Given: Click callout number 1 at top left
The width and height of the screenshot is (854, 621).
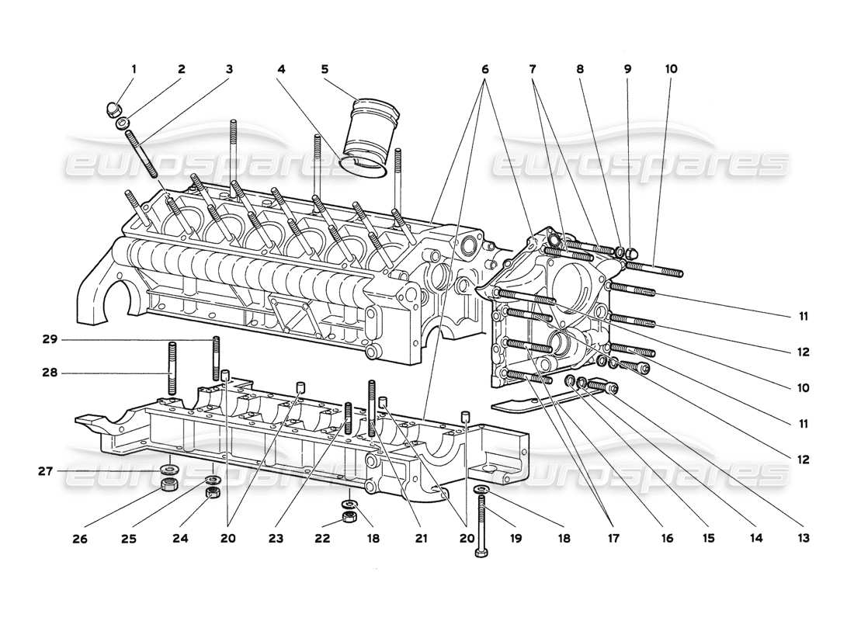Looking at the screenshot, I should pos(133,68).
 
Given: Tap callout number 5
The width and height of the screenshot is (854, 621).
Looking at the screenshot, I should pos(325,68).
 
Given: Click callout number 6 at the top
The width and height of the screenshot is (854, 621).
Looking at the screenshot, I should pos(485,68).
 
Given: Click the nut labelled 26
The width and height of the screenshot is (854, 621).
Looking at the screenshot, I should pos(165,487).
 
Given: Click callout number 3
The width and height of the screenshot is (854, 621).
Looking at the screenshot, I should pos(229,68).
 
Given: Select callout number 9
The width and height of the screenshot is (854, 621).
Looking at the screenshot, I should pos(628,68).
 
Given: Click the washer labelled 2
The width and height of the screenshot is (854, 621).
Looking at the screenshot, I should pos(123,123).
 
